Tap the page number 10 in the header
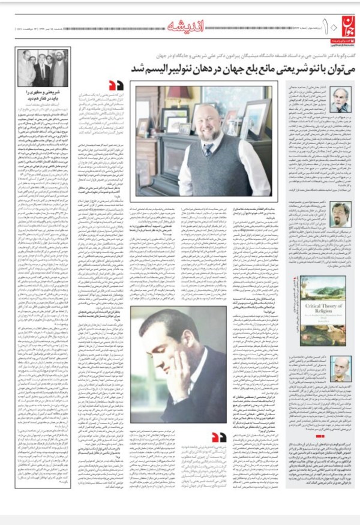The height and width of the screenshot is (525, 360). pos(317,26)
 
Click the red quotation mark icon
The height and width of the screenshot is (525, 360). pos(116,86)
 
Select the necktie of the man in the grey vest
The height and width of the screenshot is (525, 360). pos(209,151)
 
